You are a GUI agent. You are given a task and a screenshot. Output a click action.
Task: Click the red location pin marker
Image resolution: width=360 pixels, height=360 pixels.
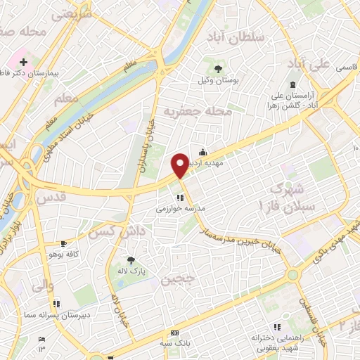tap(181, 165)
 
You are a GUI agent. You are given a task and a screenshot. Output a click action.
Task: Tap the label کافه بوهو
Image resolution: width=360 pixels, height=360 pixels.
tap(64, 253)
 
